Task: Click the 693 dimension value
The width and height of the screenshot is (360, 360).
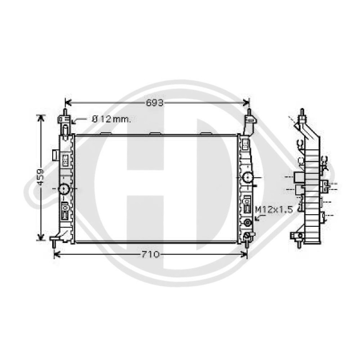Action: (x=154, y=103)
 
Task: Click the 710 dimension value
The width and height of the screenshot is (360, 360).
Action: (x=150, y=254)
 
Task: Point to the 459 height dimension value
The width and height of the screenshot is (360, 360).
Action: (x=40, y=177)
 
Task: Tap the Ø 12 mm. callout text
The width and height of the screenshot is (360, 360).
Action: (x=111, y=119)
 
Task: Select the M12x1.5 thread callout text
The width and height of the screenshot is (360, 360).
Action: (x=274, y=210)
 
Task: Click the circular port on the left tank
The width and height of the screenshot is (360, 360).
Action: (x=64, y=189)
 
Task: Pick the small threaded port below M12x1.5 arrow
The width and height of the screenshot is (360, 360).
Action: (x=248, y=222)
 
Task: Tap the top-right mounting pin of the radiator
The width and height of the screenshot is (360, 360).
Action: (x=249, y=112)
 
